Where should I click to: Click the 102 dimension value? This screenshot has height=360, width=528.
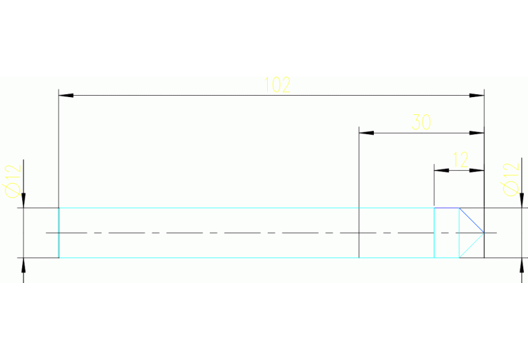click(277, 85)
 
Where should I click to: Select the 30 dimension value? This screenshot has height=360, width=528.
click(421, 122)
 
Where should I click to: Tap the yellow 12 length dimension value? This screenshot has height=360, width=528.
click(461, 160)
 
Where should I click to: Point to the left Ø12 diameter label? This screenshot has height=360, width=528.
click(13, 181)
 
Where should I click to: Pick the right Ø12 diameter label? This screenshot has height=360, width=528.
click(511, 179)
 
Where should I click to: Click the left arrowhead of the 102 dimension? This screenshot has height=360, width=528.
click(66, 96)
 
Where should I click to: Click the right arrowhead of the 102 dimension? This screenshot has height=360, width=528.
click(477, 96)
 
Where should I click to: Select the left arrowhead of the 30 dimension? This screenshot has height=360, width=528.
click(366, 133)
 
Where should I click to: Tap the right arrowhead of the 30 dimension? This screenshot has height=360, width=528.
click(477, 133)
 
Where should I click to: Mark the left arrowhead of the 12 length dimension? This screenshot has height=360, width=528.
click(441, 171)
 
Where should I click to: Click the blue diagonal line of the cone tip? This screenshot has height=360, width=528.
click(472, 220)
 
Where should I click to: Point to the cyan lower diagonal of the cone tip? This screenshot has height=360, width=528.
click(472, 245)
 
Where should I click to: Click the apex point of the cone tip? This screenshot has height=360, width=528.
click(484, 233)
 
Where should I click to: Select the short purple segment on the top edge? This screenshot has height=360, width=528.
click(447, 208)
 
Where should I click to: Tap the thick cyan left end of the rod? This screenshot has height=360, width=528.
click(59, 233)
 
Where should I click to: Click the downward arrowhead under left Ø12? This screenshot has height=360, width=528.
click(23, 200)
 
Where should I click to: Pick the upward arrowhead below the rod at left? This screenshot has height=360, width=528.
click(23, 265)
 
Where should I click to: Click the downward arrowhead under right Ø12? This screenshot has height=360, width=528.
click(522, 200)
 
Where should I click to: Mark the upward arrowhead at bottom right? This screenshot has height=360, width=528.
click(522, 265)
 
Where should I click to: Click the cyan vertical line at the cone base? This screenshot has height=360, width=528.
click(459, 233)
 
